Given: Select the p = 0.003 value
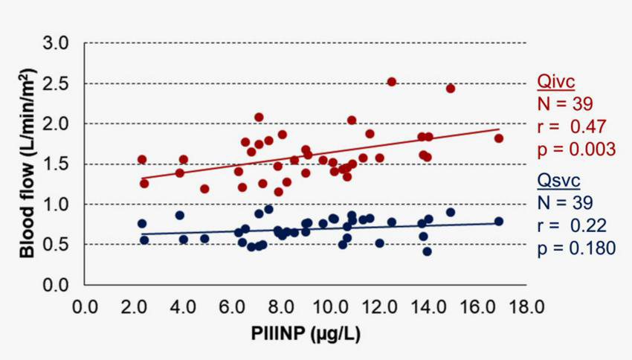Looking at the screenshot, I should pyautogui.click(x=575, y=149).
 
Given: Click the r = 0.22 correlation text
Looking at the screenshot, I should pyautogui.click(x=568, y=225).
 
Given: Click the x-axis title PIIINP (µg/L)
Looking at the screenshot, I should pyautogui.click(x=306, y=332).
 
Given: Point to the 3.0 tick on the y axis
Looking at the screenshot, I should pyautogui.click(x=61, y=43).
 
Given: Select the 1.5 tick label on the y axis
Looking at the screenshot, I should pyautogui.click(x=61, y=164).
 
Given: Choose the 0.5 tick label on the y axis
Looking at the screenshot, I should pyautogui.click(x=61, y=245).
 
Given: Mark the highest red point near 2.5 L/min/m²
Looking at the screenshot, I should pyautogui.click(x=392, y=82).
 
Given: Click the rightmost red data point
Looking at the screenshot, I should pyautogui.click(x=498, y=138).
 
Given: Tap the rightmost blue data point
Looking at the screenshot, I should pyautogui.click(x=498, y=222).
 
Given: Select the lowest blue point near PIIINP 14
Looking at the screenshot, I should pyautogui.click(x=427, y=251).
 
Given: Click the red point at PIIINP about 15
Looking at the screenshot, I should pyautogui.click(x=450, y=89).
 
